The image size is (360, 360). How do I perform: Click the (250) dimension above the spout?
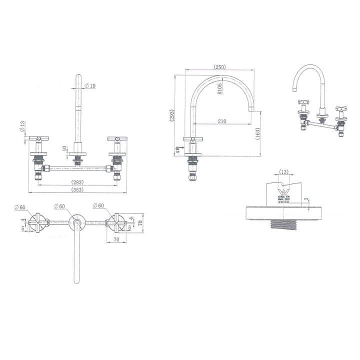[x=219, y=67]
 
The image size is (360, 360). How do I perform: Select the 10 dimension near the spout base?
[x=64, y=148]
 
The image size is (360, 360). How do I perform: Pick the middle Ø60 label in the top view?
[x=59, y=206]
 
